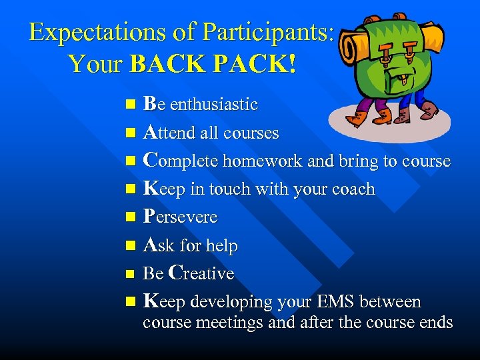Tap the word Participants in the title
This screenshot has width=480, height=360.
coord(267,33)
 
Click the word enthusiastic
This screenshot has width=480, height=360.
coord(213,105)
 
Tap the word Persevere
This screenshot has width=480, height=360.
coord(181,217)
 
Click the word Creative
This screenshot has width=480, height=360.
coord(201,273)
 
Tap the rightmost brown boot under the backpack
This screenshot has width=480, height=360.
coord(429,109)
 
